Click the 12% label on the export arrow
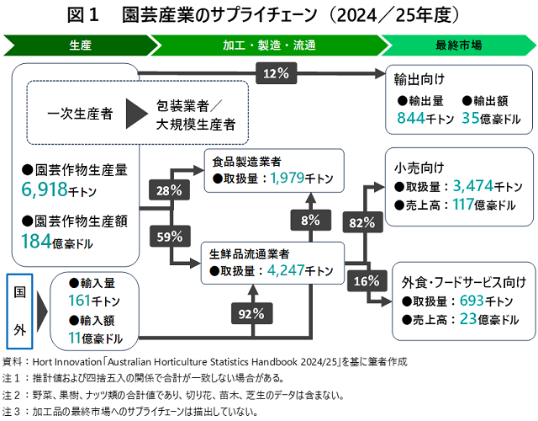click(276, 73)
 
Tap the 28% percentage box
click(167, 189)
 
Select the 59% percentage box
click(167, 237)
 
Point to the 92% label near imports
click(251, 314)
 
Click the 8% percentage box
click(309, 221)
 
